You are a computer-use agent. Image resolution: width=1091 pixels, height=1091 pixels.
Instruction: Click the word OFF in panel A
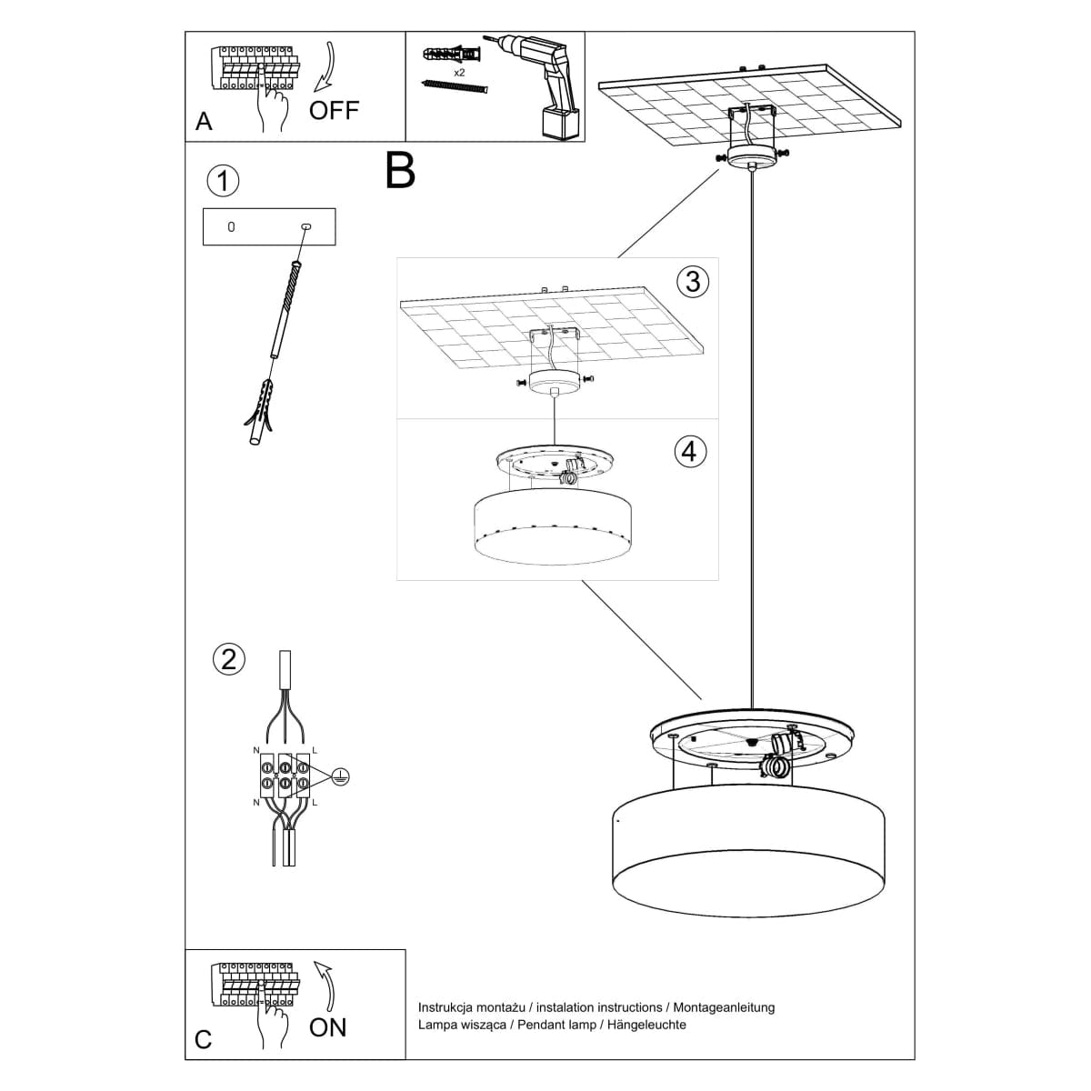click(334, 110)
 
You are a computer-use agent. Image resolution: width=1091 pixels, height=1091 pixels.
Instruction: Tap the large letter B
click(400, 170)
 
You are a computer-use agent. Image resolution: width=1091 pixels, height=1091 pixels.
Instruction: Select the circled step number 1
click(223, 180)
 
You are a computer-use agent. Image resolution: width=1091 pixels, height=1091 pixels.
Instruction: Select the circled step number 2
click(227, 658)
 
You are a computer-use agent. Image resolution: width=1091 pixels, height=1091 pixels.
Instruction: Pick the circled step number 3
click(693, 281)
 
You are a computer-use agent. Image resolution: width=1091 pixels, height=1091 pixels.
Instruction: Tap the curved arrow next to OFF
click(324, 67)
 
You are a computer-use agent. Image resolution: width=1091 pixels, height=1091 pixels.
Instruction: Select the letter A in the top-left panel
click(204, 122)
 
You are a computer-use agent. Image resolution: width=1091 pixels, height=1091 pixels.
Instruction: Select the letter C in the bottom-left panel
click(204, 1039)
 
